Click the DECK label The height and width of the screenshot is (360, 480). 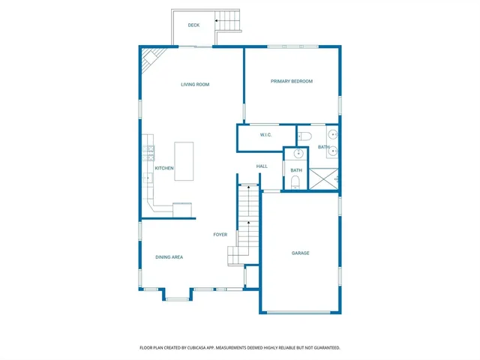193,25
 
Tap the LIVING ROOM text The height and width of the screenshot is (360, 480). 195,85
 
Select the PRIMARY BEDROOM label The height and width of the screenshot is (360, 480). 292,81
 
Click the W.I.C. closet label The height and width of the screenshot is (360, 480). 265,135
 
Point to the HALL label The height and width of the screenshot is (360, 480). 262,166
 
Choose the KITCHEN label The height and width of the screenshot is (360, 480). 164,168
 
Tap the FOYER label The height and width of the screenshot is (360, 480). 220,235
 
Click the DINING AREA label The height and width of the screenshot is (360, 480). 169,257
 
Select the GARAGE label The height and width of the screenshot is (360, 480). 301,253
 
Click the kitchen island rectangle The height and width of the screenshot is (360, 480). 184,160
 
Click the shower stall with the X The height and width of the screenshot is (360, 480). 324,178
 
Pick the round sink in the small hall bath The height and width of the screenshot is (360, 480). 298,154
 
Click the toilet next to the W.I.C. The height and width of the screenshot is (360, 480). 304,136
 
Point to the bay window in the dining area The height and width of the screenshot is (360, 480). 177,295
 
